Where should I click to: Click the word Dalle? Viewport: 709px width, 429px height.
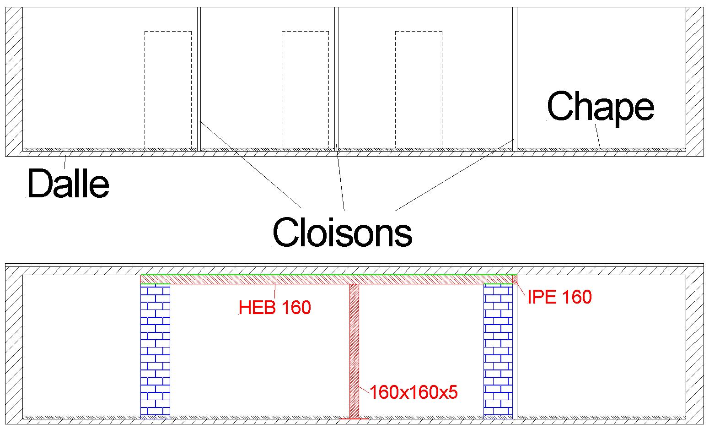[68, 184]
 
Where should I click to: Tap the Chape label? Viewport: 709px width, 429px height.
[601, 106]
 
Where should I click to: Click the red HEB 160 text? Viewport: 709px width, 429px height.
[275, 308]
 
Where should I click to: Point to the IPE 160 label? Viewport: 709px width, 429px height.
[559, 297]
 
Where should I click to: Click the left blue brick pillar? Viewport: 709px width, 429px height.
[155, 350]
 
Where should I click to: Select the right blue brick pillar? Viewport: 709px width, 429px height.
[498, 350]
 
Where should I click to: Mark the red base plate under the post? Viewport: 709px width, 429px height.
[354, 418]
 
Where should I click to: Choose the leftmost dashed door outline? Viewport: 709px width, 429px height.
[168, 89]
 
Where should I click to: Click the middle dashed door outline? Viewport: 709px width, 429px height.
[305, 89]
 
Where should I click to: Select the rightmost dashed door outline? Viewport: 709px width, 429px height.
[419, 89]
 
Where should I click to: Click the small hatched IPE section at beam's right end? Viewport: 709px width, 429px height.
[515, 279]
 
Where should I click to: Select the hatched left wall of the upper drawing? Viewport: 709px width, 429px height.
[14, 81]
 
